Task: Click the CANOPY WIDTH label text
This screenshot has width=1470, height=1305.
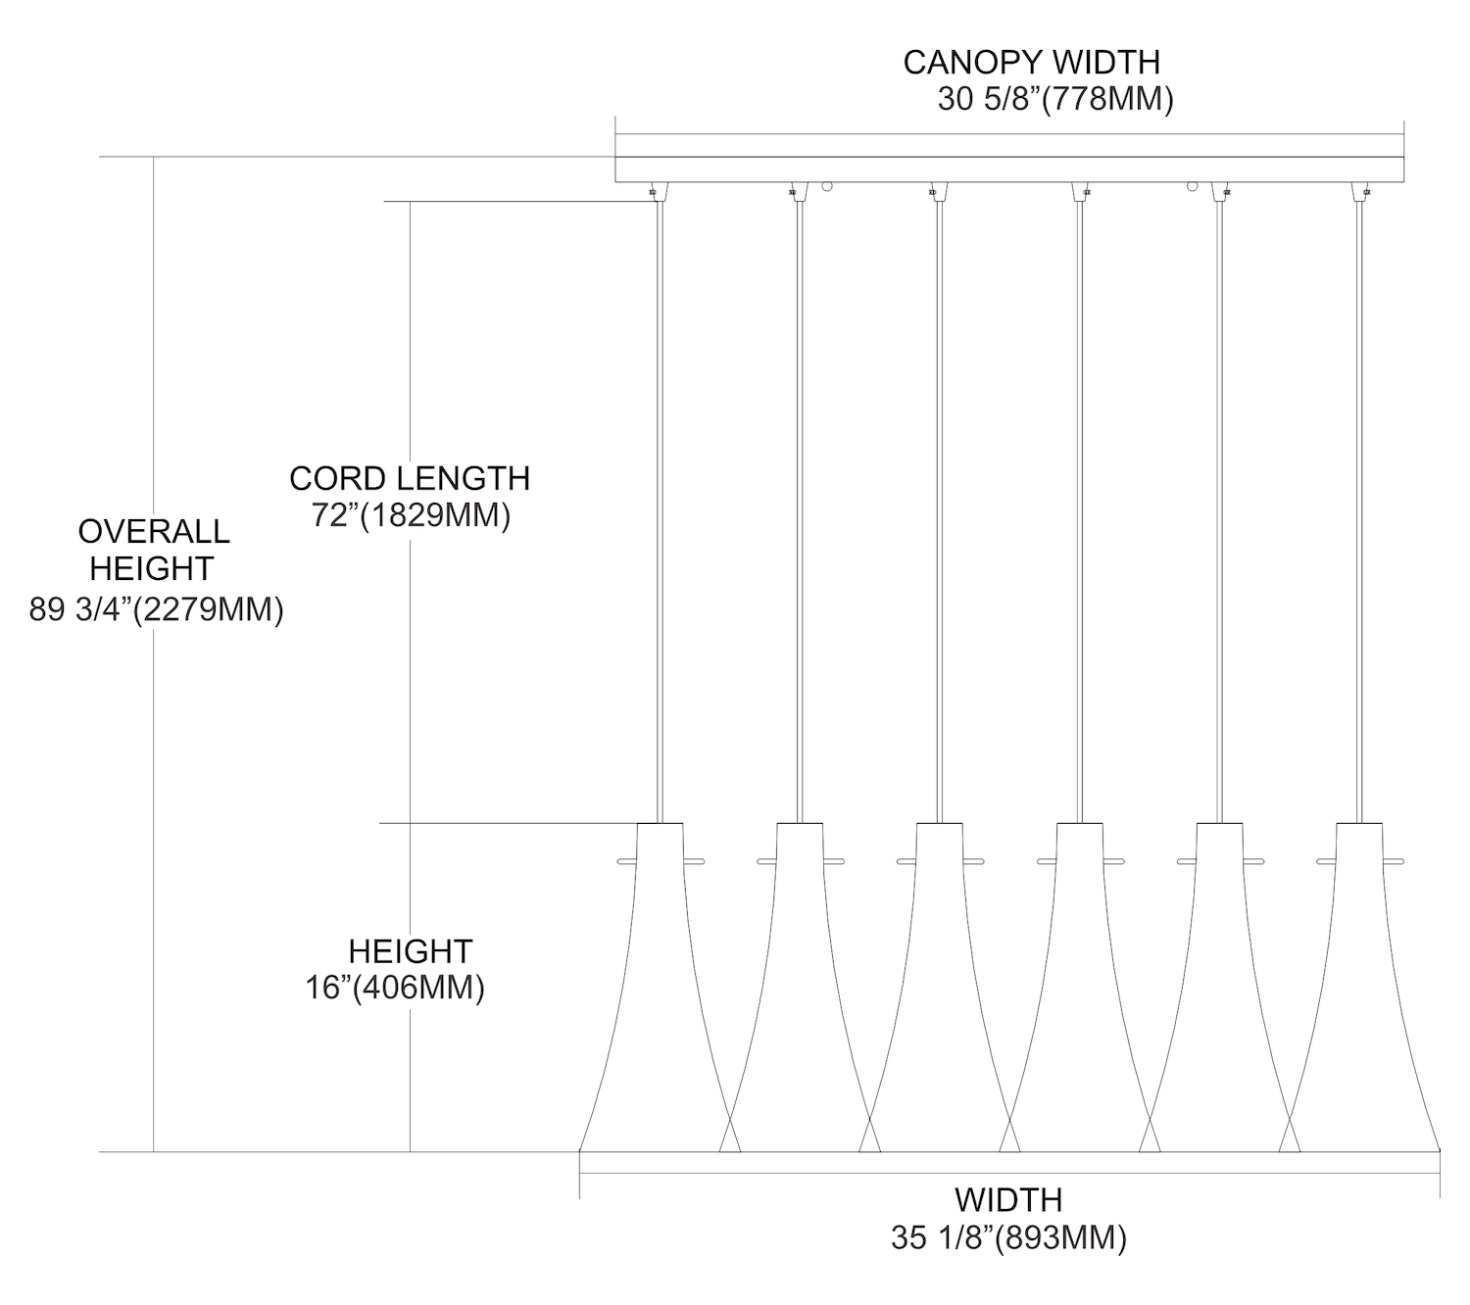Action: (x=1031, y=62)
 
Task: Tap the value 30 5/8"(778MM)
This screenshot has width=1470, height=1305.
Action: (x=1054, y=100)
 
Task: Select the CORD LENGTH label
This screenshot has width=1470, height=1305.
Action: (x=410, y=478)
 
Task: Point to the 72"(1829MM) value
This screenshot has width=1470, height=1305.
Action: (x=412, y=515)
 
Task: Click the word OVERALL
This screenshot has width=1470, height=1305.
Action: (x=154, y=532)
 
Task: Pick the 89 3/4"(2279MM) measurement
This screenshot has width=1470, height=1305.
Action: (x=157, y=609)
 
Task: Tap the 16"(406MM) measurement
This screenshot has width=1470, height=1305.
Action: (x=395, y=988)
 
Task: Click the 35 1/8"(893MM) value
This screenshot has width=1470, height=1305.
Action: (x=1008, y=1238)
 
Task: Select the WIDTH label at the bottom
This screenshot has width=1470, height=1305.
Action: (x=1008, y=1199)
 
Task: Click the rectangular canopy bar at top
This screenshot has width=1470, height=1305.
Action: (x=1008, y=169)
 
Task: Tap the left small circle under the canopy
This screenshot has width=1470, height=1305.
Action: (x=827, y=186)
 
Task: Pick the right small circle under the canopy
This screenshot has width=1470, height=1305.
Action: (x=1193, y=186)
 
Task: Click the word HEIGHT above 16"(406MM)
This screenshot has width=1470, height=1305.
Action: (x=411, y=950)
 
